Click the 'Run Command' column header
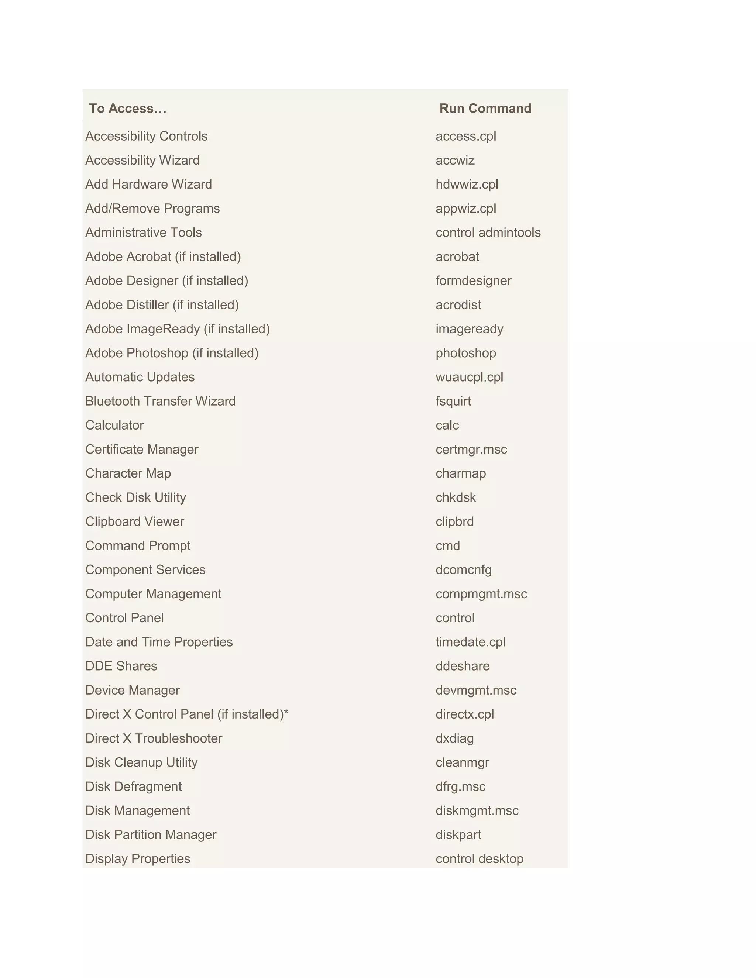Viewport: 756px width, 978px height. [485, 109]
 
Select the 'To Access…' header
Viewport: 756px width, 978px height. [128, 109]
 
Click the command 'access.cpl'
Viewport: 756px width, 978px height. [466, 136]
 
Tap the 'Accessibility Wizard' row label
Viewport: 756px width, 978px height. [142, 160]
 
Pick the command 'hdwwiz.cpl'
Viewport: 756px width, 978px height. [467, 185]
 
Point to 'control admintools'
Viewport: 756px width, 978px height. [488, 233]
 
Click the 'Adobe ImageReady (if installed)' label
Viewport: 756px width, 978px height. [177, 329]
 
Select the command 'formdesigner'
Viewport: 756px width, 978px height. [473, 281]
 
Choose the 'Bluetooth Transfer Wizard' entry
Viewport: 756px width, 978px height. [160, 401]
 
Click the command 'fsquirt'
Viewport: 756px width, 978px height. [453, 401]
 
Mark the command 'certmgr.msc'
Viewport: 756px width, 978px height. [471, 449]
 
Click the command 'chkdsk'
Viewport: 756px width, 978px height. [456, 497]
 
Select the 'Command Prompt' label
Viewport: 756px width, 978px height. [138, 545]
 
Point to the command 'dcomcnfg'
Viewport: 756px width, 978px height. [464, 569]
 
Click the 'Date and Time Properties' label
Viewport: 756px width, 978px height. [159, 642]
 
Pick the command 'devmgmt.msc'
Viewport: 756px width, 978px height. [475, 690]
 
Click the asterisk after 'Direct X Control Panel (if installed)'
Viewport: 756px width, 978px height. [286, 712]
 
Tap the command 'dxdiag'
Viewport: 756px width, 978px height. [454, 738]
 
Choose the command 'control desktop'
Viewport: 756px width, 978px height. [479, 858]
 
